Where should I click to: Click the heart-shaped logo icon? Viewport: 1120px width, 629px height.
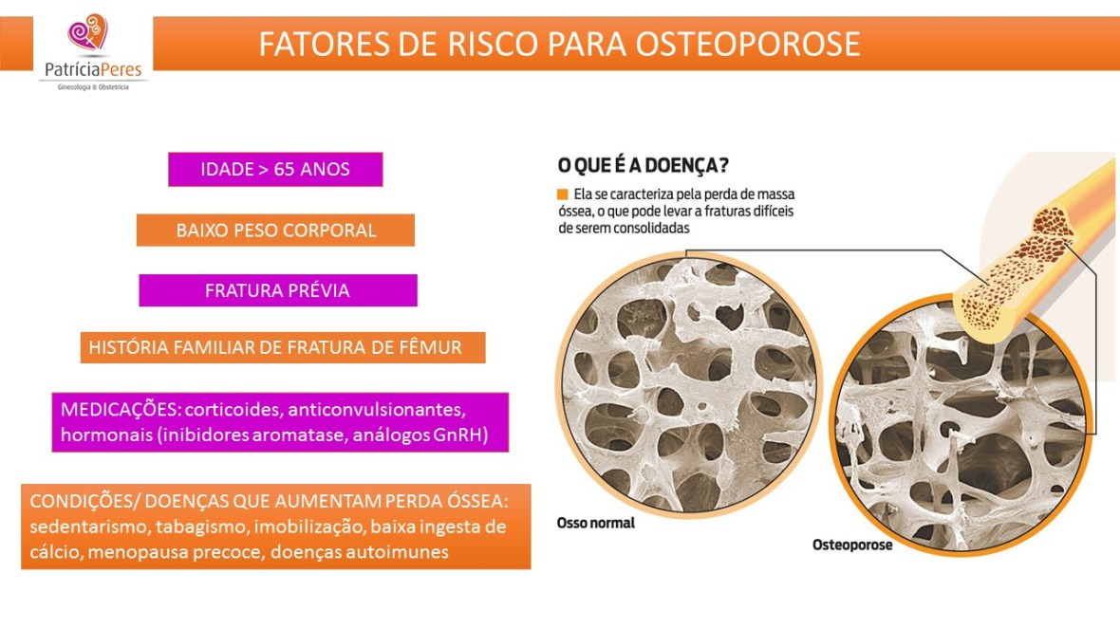[x=88, y=33]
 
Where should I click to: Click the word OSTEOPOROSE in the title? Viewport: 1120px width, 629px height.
[x=746, y=45]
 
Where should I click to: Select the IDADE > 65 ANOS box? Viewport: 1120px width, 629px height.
[x=275, y=170]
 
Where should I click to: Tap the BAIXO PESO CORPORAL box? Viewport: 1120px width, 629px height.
[x=275, y=231]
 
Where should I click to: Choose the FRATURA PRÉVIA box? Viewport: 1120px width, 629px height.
[x=277, y=290]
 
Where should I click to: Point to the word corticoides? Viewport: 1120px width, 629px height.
[x=229, y=409]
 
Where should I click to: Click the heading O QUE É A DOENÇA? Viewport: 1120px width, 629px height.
[x=643, y=166]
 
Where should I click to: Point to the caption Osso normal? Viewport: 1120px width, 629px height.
[x=595, y=523]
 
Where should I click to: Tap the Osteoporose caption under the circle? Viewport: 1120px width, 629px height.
[x=852, y=546]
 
